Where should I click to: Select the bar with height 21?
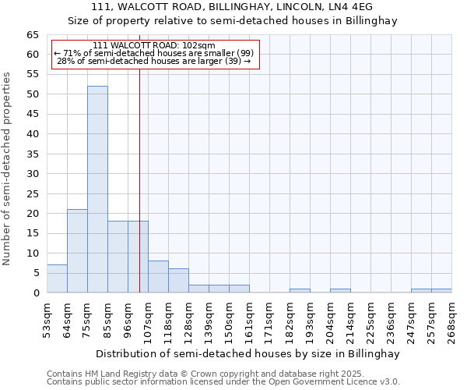tap(77, 251)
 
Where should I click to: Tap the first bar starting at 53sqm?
tap(57, 278)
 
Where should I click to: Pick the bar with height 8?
tap(158, 277)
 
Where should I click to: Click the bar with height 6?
tap(178, 281)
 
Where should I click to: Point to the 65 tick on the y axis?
tap(33, 35)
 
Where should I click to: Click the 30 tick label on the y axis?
tap(33, 174)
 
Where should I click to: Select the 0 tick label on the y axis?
tap(36, 293)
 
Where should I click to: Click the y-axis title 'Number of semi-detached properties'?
tap(8, 168)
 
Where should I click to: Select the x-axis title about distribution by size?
tap(249, 353)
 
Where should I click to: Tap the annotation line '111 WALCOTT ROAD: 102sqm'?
tap(153, 46)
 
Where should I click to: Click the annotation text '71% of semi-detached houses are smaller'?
tap(154, 53)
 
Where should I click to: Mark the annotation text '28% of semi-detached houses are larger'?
tap(154, 60)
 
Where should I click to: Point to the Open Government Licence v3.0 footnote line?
tap(223, 382)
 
